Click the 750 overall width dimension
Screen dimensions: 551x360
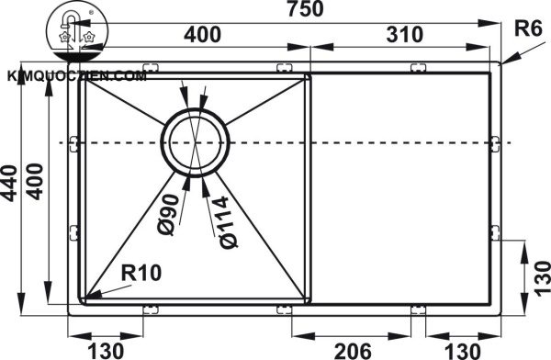305,9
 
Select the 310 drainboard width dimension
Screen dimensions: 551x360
404,35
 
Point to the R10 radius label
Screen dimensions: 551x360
141,273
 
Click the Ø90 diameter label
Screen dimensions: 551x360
168,215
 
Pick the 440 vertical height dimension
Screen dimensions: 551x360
9,183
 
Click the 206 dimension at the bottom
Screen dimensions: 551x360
352,351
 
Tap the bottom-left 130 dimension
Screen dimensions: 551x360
105,351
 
